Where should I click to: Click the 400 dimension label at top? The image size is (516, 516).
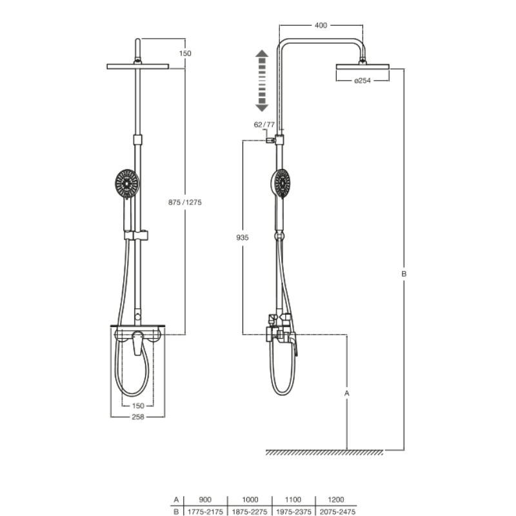coord(321,25)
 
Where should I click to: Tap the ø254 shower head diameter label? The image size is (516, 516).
coord(362,80)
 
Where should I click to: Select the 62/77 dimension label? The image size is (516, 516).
coord(264,124)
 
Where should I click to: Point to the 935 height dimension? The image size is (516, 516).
coord(243,237)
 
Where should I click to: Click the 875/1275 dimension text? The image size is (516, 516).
coord(185,203)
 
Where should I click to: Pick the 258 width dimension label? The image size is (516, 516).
coord(138,417)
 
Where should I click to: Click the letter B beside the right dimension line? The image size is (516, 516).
coord(404,273)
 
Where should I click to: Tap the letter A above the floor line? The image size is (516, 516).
coord(347,393)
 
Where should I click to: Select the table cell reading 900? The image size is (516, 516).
coord(205,499)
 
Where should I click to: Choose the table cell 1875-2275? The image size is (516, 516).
coord(250,511)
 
